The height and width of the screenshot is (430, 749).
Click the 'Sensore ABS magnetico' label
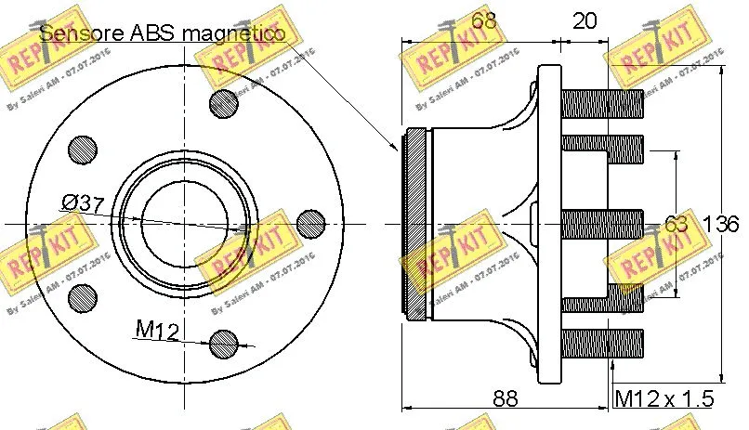(x=162, y=33)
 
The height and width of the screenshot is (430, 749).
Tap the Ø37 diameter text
(x=84, y=202)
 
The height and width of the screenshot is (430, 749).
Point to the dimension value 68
(x=482, y=20)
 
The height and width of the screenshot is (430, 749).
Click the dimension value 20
(x=585, y=20)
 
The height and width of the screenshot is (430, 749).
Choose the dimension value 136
(x=720, y=224)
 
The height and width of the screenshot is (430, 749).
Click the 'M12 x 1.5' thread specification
(x=664, y=399)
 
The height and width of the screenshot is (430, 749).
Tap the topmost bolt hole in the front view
(x=224, y=103)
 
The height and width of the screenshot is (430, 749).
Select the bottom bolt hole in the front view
(x=224, y=343)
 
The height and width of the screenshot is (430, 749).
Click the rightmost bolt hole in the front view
(x=309, y=223)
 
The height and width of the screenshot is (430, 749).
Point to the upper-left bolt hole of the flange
(x=83, y=149)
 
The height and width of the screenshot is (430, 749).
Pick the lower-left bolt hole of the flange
(x=83, y=297)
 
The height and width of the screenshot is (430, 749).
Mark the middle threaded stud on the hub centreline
(x=603, y=224)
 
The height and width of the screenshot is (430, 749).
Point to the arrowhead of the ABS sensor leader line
(x=395, y=148)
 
